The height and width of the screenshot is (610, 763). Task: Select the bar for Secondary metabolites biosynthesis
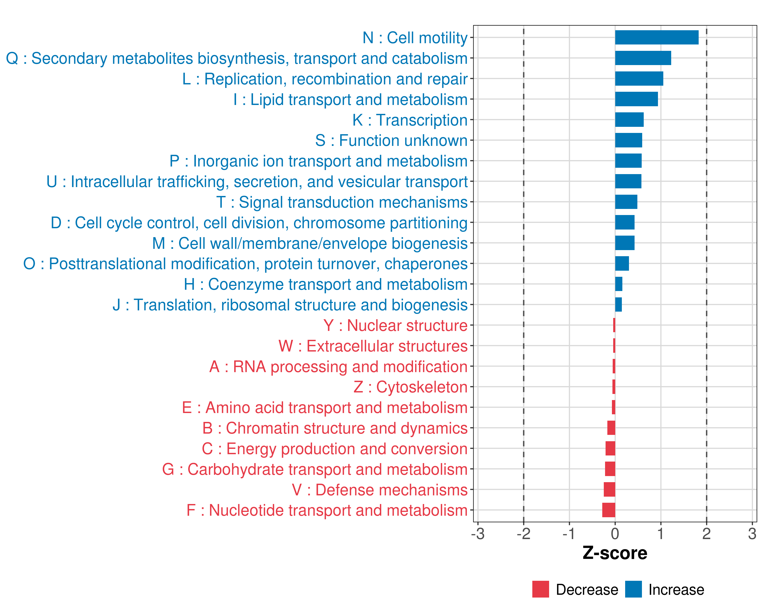click(x=643, y=58)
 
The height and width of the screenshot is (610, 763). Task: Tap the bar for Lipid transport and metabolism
click(x=636, y=99)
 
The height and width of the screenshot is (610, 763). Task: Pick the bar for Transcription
click(x=629, y=119)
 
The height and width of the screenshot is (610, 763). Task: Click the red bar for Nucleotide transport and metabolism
click(x=609, y=510)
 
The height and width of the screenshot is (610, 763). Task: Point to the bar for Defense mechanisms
click(x=609, y=490)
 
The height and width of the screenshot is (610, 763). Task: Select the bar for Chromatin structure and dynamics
click(x=611, y=428)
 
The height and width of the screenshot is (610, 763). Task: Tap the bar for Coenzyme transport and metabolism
click(x=619, y=284)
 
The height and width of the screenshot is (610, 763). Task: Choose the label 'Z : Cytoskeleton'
click(x=410, y=387)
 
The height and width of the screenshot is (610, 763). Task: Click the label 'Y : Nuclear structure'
click(x=395, y=325)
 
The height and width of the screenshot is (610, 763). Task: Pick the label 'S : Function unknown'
click(x=391, y=140)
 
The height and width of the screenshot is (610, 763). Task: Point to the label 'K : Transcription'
click(x=410, y=120)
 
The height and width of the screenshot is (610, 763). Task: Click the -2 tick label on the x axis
click(x=523, y=533)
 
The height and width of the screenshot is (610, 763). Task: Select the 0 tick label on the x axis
click(x=615, y=533)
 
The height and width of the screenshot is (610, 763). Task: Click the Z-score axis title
click(x=615, y=553)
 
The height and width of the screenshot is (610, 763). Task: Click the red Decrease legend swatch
click(x=540, y=589)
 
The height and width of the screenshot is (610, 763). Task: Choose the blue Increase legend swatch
click(x=633, y=589)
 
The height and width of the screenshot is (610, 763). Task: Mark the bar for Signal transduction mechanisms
click(x=626, y=202)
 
